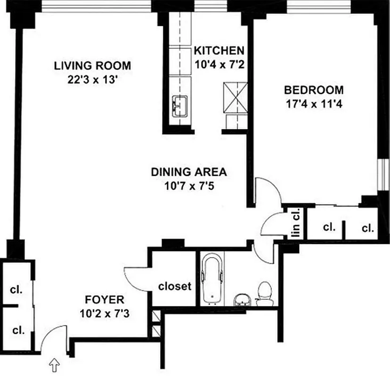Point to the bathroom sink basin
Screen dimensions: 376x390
coord(243,299)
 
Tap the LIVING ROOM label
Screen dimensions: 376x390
coord(92,65)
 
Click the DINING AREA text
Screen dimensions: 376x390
coord(182,172)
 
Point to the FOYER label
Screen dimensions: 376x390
coord(104,299)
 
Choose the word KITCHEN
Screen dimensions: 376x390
coord(219,50)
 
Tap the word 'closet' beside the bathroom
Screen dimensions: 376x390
coord(175,286)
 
